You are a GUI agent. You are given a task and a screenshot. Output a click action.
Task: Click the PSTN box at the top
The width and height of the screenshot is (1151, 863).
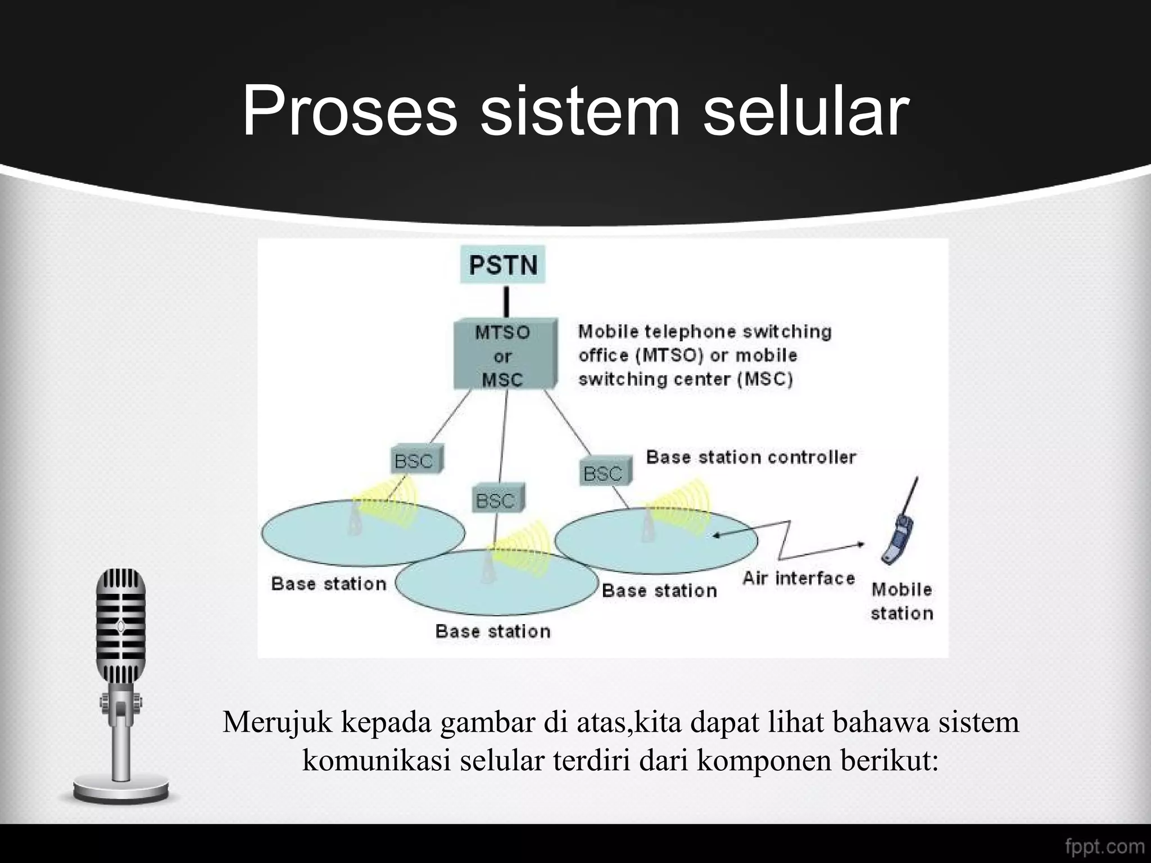[503, 265]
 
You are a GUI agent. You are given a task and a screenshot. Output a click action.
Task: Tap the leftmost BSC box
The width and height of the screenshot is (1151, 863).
[415, 460]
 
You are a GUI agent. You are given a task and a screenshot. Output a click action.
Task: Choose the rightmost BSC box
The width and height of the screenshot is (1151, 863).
[604, 472]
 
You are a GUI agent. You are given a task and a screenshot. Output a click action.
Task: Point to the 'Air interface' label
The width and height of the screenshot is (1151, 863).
[798, 578]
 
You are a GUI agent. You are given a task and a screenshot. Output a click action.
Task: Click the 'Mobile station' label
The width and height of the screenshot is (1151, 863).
[901, 601]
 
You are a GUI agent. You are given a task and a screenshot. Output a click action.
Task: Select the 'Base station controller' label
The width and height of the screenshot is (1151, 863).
[751, 457]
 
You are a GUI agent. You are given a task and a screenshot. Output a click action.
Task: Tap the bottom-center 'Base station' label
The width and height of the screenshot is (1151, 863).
[493, 632]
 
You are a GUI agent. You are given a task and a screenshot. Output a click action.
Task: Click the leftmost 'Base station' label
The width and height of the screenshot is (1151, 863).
[329, 584]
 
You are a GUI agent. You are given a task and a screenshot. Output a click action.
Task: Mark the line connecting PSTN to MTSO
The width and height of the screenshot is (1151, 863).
[506, 302]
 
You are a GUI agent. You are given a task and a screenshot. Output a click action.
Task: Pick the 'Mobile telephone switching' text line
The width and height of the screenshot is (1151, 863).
[705, 331]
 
